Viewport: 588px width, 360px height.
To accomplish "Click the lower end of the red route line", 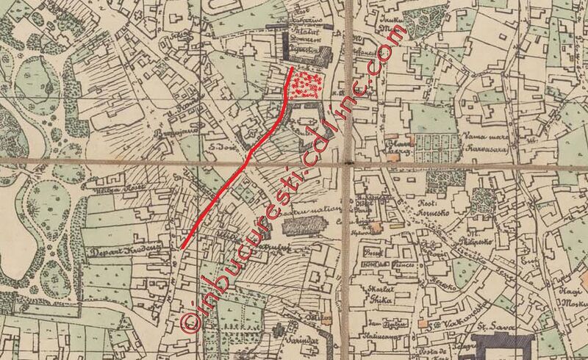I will point(183,246).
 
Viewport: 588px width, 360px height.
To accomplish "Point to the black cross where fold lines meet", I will point(348,161).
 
